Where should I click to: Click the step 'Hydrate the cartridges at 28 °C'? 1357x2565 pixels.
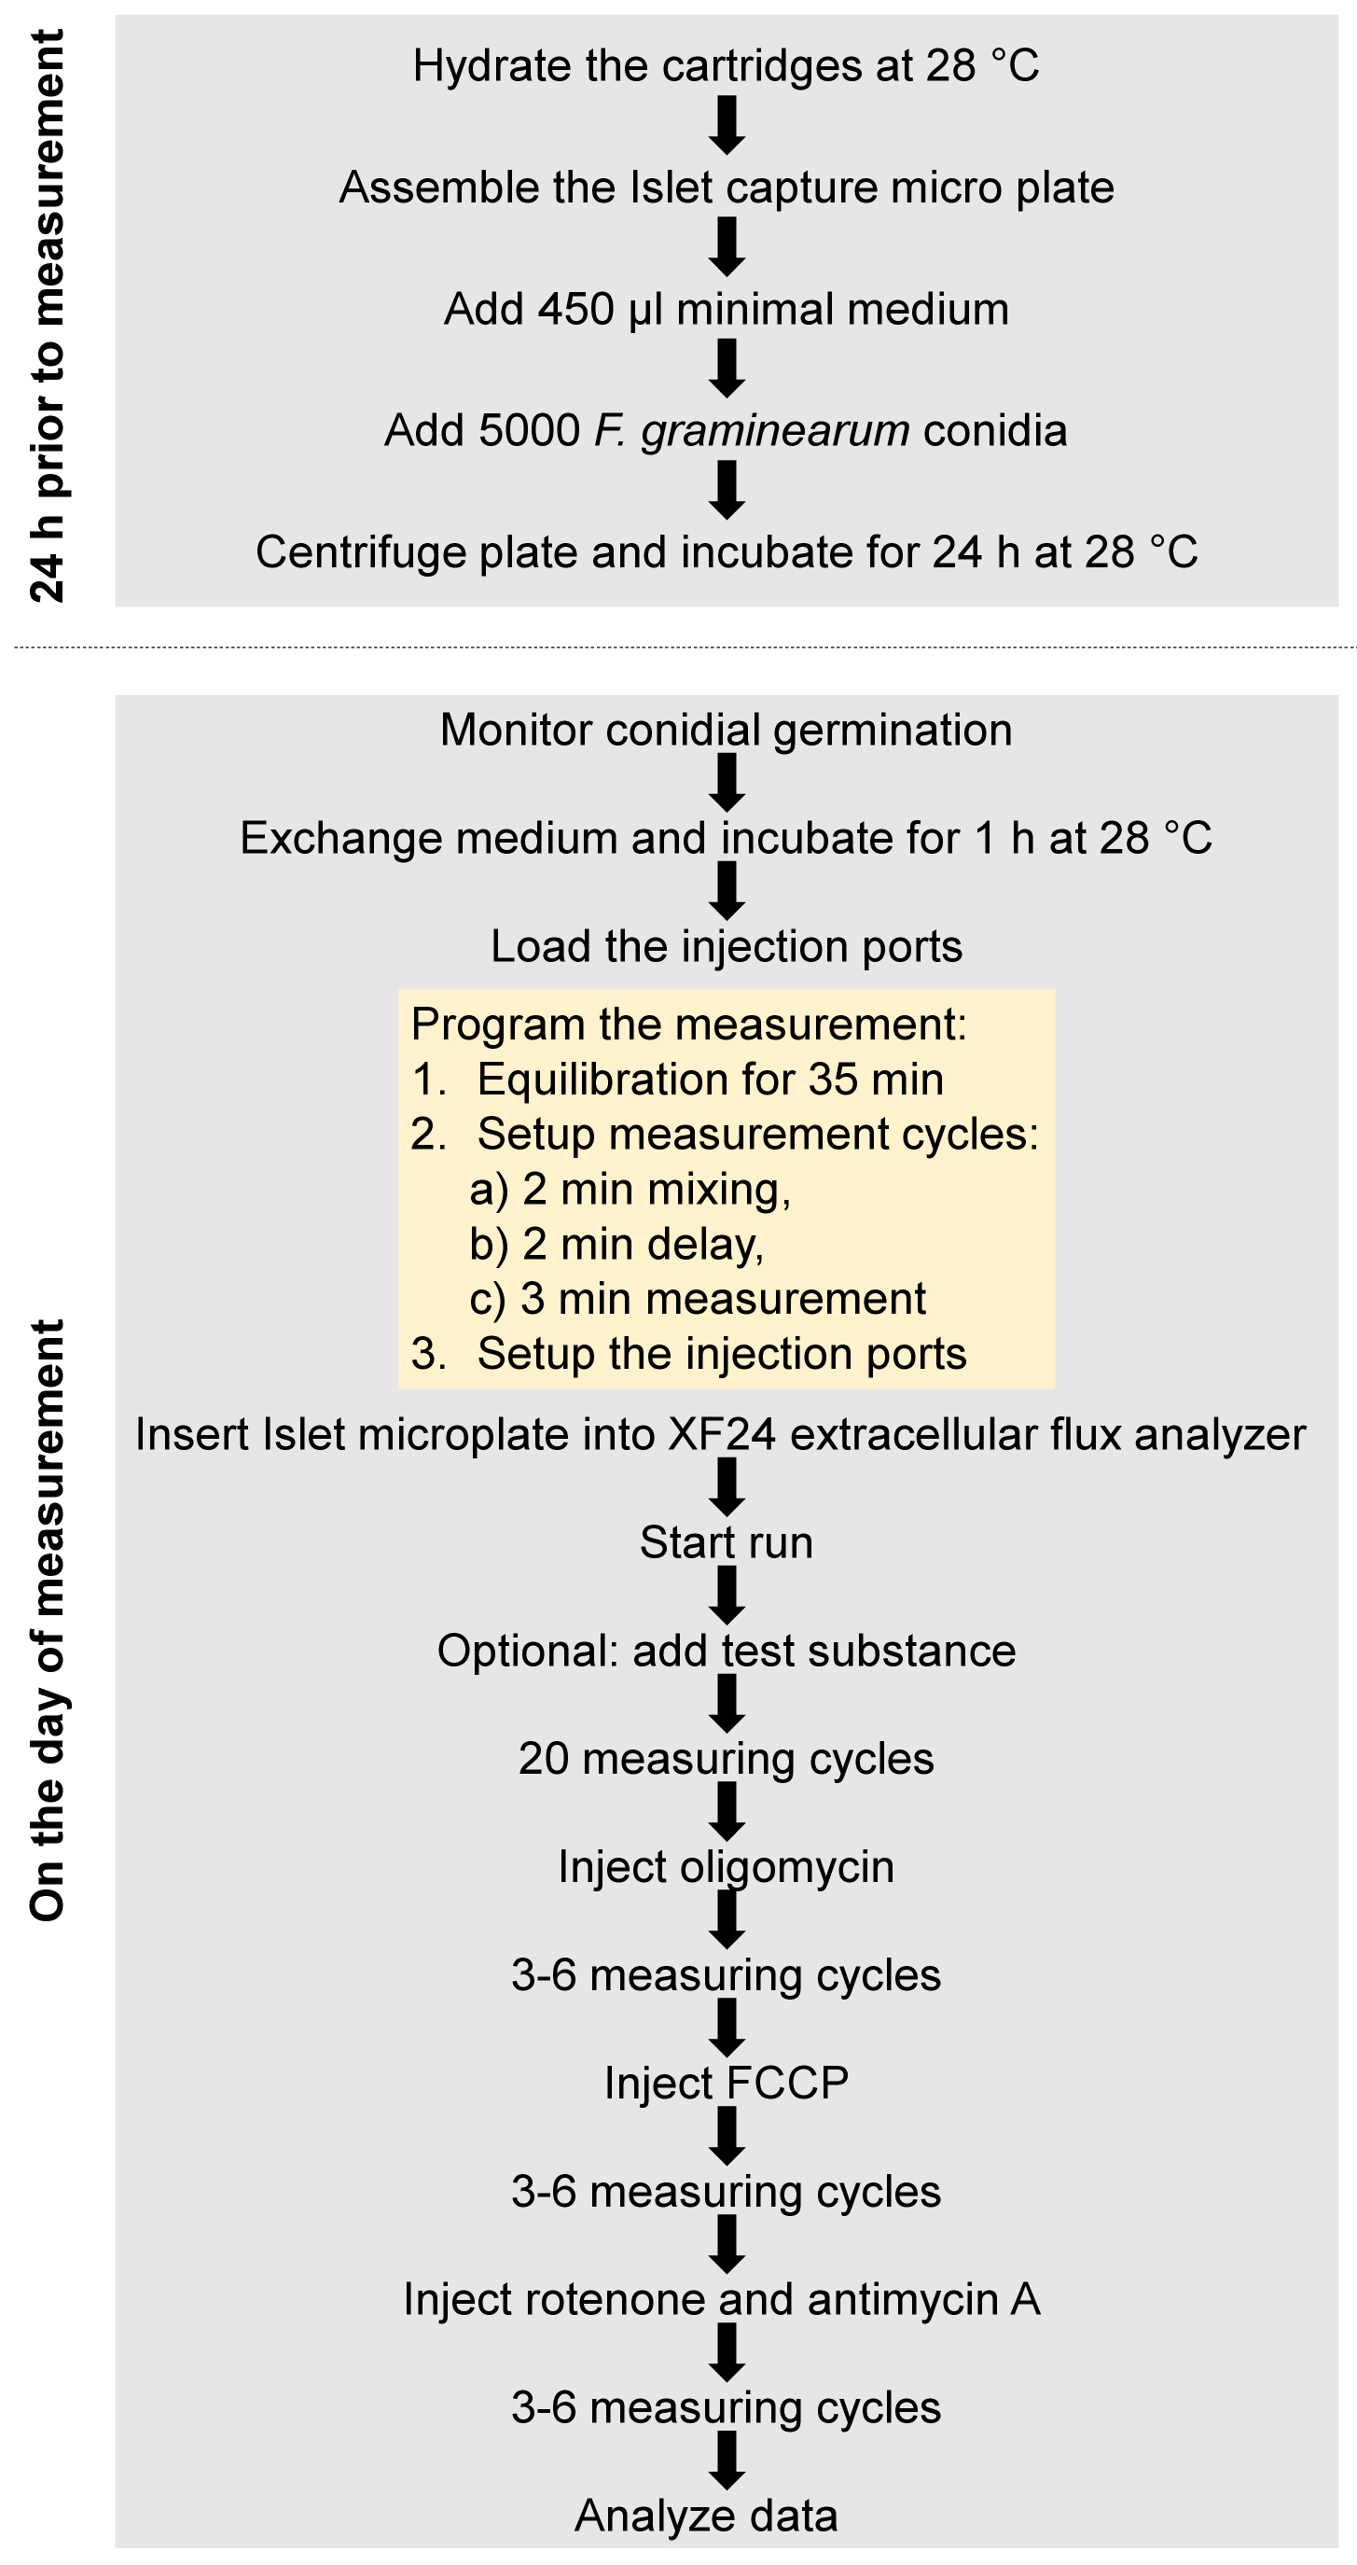tap(726, 65)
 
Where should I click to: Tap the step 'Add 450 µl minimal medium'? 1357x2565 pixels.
tap(726, 309)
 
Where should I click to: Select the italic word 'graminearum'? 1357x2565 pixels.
tap(775, 431)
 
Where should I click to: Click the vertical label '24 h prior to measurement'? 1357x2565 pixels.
tap(47, 315)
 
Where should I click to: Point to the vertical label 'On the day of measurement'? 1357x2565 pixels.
tap(47, 1621)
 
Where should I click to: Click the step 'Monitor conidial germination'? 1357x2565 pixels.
tap(726, 730)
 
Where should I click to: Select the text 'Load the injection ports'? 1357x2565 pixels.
tap(726, 946)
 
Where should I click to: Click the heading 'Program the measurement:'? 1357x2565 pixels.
tap(689, 1025)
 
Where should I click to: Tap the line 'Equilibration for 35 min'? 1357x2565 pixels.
tap(710, 1080)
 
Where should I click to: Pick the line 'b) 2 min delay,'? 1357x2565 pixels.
tap(616, 1245)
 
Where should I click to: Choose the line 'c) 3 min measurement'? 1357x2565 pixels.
tap(697, 1299)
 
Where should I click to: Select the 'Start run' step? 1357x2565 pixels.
tap(726, 1542)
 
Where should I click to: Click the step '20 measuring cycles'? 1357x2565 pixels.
tap(726, 1759)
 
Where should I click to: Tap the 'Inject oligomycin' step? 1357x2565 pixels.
tap(726, 1867)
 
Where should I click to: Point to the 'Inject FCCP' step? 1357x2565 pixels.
tap(726, 2083)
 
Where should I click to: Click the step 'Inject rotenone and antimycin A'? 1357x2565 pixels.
tap(722, 2299)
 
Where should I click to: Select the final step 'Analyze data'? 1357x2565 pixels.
tap(706, 2516)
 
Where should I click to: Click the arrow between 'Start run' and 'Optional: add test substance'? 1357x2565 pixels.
tap(727, 1596)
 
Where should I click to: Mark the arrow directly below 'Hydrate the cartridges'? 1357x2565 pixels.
tap(727, 125)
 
